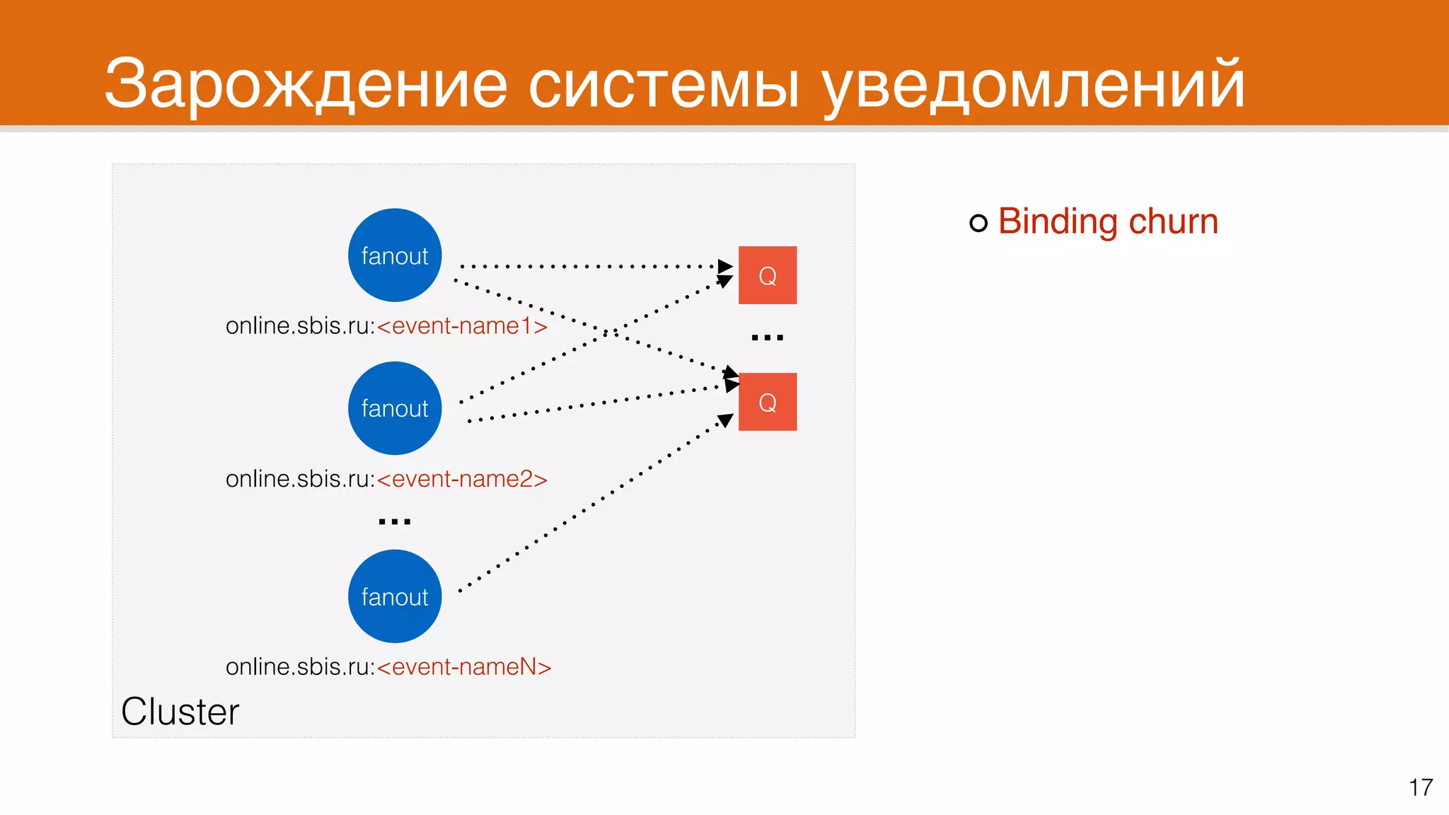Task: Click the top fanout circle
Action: pos(395,255)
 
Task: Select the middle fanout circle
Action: pos(395,408)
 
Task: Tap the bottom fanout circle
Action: pos(395,596)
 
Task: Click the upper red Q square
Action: pos(768,275)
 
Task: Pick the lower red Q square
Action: pos(768,402)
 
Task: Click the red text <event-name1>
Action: pos(462,326)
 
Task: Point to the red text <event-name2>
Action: pos(462,480)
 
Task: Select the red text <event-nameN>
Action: pos(463,667)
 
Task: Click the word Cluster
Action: pos(180,712)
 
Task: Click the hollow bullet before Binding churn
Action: pos(978,224)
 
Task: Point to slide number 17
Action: pos(1421,787)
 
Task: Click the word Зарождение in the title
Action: pos(306,85)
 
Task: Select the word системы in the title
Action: pos(664,85)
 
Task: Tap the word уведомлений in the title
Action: pos(1033,85)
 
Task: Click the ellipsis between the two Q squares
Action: pos(768,338)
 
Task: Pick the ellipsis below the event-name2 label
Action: pos(395,522)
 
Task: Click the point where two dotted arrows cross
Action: pos(607,332)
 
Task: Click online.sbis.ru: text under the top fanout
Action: pos(300,326)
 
